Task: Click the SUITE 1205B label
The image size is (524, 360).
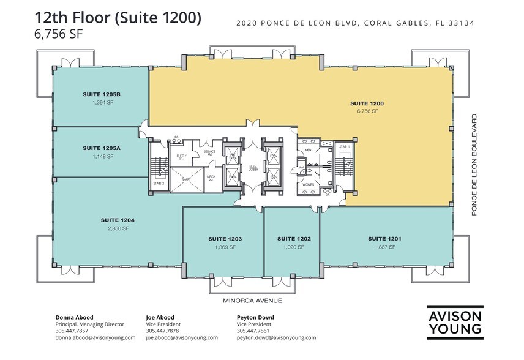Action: pos(100,94)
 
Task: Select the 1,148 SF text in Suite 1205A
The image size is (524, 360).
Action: pos(100,157)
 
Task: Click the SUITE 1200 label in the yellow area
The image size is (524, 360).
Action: pos(366,103)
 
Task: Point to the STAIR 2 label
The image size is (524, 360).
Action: pos(159,184)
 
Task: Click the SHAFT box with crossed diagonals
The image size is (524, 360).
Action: pos(181,179)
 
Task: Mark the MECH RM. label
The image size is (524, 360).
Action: pos(209,178)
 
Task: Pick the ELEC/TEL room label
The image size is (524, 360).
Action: pos(181,157)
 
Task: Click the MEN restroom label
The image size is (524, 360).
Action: pos(309,149)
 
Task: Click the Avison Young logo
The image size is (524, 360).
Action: pos(455,322)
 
